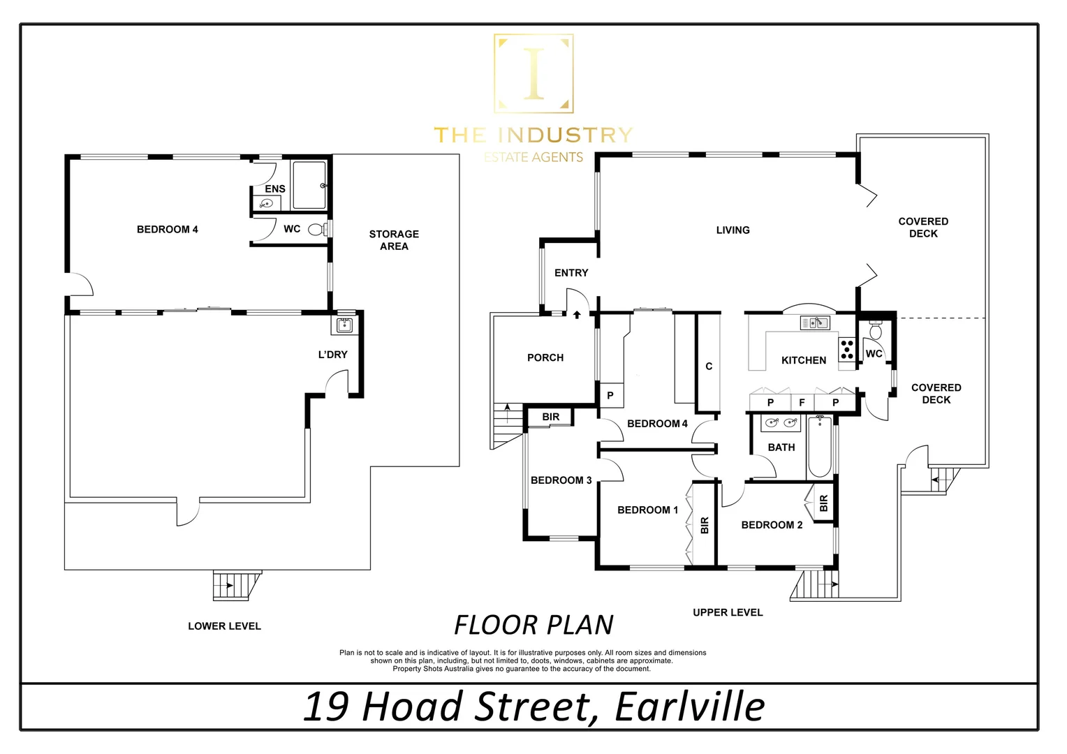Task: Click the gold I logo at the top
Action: (533, 73)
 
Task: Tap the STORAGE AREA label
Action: (394, 240)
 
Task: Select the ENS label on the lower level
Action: (275, 188)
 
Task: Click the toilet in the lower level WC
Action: (316, 229)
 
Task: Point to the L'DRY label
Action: (332, 355)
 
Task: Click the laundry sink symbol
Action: (344, 325)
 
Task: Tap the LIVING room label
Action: (733, 230)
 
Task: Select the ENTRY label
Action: (571, 273)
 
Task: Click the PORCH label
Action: (545, 357)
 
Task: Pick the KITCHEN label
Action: (803, 360)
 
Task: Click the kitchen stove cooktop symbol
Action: (846, 349)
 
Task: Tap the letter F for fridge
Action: (802, 403)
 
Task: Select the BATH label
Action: (781, 448)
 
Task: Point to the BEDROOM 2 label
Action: (772, 525)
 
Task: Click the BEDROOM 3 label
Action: (561, 480)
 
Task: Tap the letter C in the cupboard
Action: (709, 367)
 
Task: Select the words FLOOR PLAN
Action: (533, 625)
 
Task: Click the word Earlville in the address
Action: (689, 707)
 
